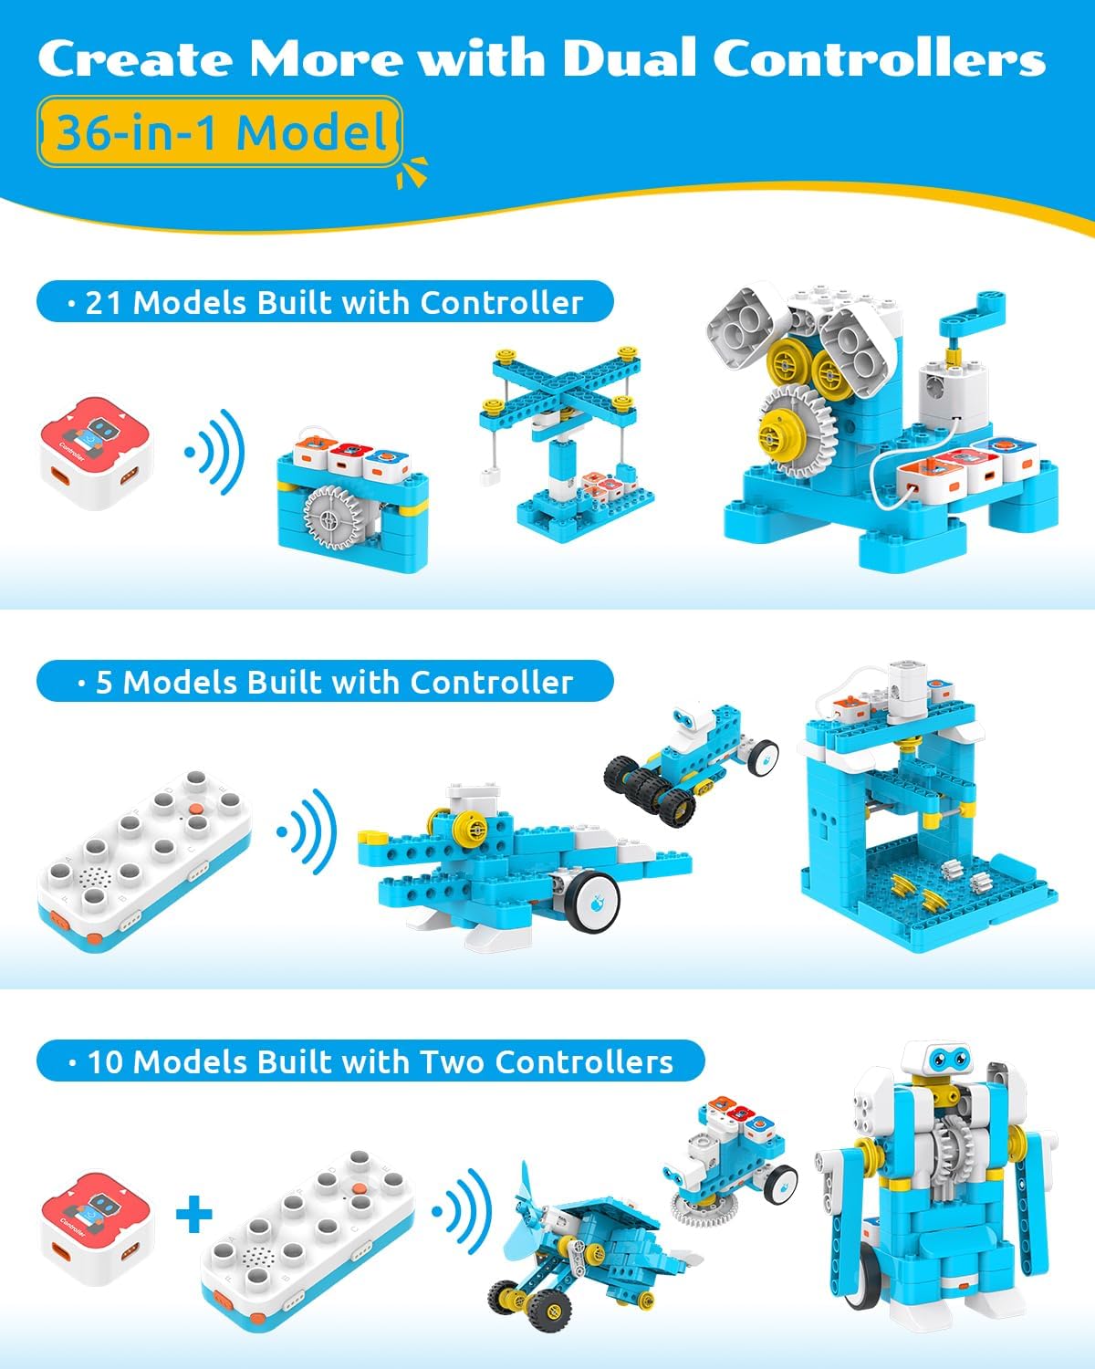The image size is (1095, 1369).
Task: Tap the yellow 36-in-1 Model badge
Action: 220,132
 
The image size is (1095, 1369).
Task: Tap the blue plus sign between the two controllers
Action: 193,1215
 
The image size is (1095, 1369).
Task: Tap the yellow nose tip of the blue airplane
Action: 370,836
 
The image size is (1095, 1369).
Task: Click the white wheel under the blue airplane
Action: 591,900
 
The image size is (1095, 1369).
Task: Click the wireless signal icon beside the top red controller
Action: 217,452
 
